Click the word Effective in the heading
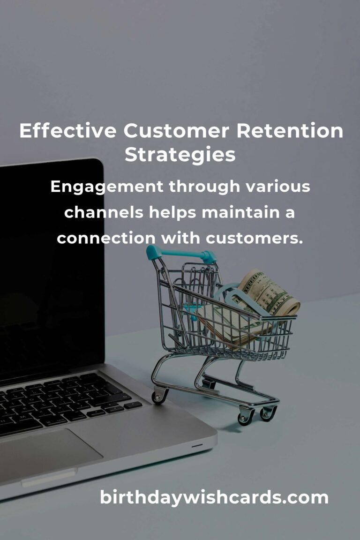coord(67,132)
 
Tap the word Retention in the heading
coord(290,132)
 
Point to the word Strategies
coord(180,155)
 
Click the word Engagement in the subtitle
coord(107,187)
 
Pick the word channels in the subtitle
coord(104,212)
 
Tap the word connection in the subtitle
coord(106,238)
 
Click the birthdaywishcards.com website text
coord(214,497)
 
